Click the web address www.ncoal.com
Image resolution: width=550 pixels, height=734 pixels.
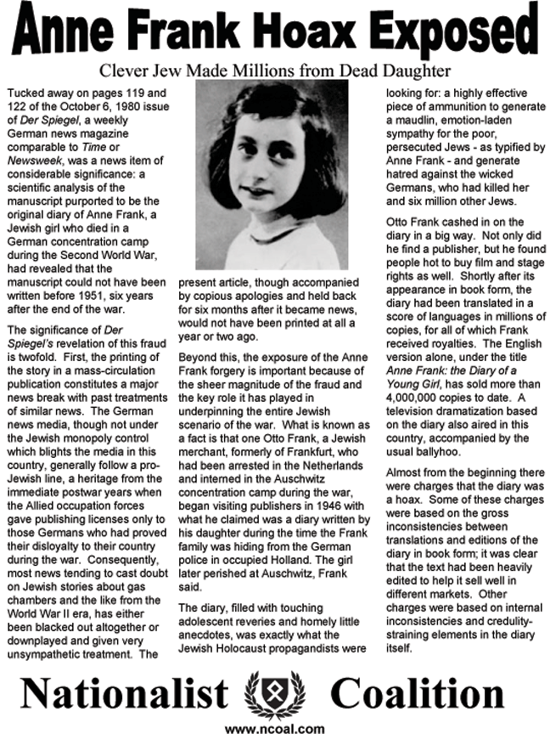click(x=275, y=727)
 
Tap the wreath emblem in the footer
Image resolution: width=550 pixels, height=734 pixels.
click(x=274, y=694)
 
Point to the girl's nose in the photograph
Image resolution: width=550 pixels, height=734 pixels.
click(x=266, y=170)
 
